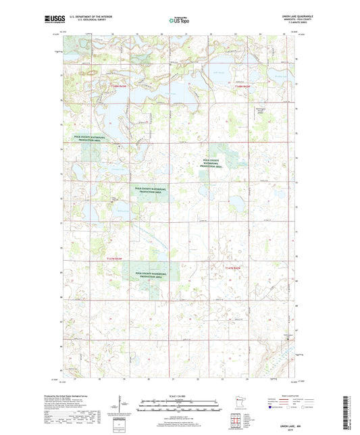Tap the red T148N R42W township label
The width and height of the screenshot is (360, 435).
click(242, 87)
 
